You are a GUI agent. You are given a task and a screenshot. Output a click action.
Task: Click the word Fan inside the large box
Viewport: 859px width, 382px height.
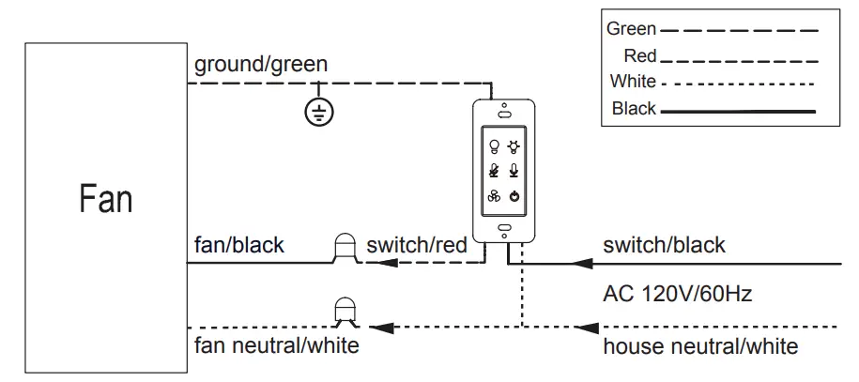pyautogui.click(x=106, y=198)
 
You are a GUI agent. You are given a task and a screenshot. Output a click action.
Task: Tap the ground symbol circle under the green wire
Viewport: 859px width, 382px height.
pyautogui.click(x=319, y=112)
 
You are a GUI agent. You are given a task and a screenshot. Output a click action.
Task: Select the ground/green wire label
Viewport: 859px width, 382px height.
pyautogui.click(x=261, y=65)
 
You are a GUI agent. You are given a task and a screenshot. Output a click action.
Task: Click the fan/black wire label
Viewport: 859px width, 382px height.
pyautogui.click(x=238, y=244)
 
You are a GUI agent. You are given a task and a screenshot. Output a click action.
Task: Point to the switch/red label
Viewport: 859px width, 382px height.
pyautogui.click(x=416, y=244)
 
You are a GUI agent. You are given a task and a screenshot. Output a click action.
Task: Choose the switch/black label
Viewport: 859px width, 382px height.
pyautogui.click(x=664, y=244)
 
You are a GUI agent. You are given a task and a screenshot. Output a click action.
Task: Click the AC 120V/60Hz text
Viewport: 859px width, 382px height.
pyautogui.click(x=677, y=295)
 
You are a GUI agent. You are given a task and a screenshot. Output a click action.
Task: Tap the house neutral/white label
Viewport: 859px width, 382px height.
pyautogui.click(x=700, y=346)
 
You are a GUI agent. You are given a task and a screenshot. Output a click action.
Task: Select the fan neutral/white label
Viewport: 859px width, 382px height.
pyautogui.click(x=277, y=345)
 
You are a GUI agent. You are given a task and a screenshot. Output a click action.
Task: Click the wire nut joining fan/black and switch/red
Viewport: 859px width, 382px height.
pyautogui.click(x=345, y=249)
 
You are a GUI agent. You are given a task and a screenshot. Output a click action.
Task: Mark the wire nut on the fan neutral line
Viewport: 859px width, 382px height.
pyautogui.click(x=345, y=313)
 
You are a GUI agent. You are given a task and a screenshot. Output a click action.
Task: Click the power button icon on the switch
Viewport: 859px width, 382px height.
pyautogui.click(x=514, y=196)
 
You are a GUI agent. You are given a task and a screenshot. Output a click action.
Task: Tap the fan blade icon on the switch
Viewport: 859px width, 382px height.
pyautogui.click(x=494, y=196)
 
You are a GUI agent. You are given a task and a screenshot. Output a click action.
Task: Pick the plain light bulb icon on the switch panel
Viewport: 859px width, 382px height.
pyautogui.click(x=494, y=146)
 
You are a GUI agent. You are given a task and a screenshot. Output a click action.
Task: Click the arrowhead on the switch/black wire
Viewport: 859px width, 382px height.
pyautogui.click(x=582, y=264)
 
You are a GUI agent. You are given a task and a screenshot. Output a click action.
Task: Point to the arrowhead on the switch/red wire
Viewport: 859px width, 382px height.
pyautogui.click(x=388, y=263)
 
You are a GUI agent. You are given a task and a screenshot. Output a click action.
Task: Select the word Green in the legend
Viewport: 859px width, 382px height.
pyautogui.click(x=631, y=28)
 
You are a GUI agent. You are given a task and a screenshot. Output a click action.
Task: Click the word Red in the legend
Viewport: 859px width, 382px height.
pyautogui.click(x=640, y=55)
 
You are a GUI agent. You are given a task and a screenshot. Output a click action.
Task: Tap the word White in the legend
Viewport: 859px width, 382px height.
pyautogui.click(x=633, y=81)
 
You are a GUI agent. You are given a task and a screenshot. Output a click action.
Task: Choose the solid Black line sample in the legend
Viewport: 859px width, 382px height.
pyautogui.click(x=739, y=112)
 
